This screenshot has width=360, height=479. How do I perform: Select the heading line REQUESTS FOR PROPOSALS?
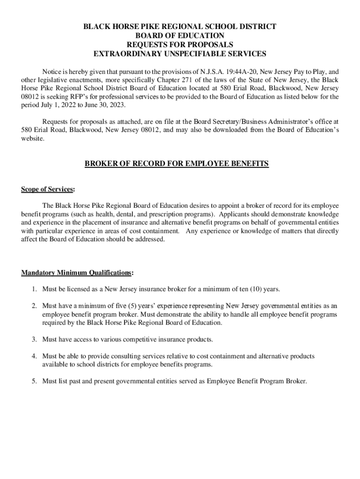pos(180,44)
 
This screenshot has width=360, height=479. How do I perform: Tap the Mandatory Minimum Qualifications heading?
pos(76,273)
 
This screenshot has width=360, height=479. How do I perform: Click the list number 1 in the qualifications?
pos(34,289)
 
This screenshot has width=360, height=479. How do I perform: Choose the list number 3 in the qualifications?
pos(34,339)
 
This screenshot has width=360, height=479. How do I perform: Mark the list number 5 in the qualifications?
pos(34,381)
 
